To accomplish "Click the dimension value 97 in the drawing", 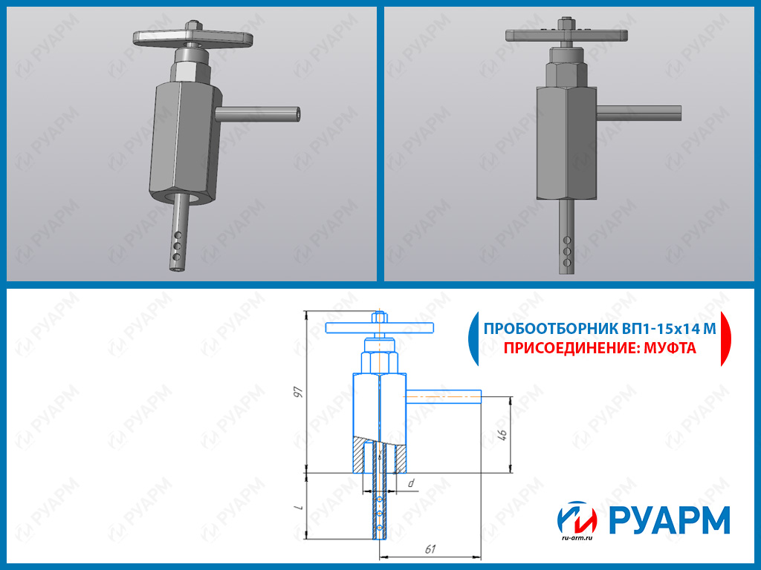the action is tap(299, 392).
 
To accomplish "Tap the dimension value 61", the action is tap(430, 548).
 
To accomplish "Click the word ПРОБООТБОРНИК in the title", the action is tap(551, 329).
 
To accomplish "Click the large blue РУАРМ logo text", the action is tap(669, 520).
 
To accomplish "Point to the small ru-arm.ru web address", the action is tap(577, 537).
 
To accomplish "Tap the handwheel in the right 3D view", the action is tap(566, 35).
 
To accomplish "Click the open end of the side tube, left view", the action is tap(297, 114).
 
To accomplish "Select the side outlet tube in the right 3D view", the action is tap(638, 114).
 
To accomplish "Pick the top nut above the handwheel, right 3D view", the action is tap(566, 23).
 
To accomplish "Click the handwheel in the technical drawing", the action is tap(379, 328).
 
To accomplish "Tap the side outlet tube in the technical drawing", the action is tap(443, 397).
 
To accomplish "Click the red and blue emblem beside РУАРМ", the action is tap(577, 517).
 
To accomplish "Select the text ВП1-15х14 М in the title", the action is tap(670, 329).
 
